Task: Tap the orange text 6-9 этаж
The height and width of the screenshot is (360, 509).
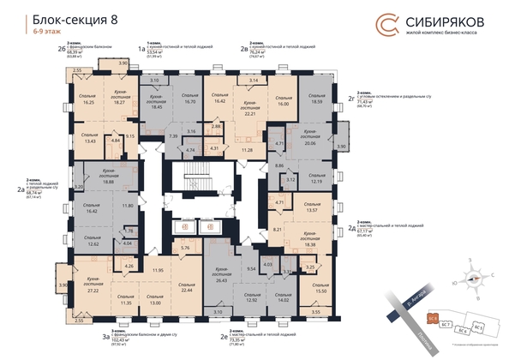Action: point(40,32)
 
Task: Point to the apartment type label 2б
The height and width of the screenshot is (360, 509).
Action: point(61,49)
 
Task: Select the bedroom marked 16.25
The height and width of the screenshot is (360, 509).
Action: point(87,99)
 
